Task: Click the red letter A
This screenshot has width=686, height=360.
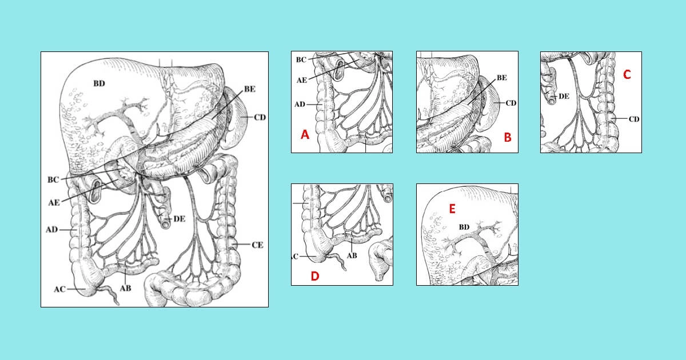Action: click(x=305, y=134)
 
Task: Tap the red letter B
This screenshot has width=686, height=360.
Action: click(x=508, y=138)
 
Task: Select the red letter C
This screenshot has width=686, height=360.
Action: click(x=627, y=75)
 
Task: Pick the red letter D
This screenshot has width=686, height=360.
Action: click(x=315, y=276)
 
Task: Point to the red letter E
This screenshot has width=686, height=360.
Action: click(x=452, y=209)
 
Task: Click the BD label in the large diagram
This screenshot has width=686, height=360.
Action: click(x=99, y=83)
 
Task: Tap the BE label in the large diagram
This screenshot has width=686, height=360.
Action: click(x=250, y=89)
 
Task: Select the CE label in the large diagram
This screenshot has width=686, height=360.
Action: click(x=257, y=245)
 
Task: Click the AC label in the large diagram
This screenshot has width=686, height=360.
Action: click(x=59, y=289)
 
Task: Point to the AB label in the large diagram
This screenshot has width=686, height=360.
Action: click(x=125, y=289)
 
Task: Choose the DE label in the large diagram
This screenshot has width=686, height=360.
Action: click(x=179, y=219)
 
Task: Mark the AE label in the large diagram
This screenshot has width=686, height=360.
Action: click(x=54, y=203)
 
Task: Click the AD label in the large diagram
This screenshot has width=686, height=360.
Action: click(x=52, y=229)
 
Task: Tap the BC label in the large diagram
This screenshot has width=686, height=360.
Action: click(x=53, y=179)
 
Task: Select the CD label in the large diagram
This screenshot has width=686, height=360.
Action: click(x=260, y=118)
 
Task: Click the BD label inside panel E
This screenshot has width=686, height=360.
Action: click(x=464, y=227)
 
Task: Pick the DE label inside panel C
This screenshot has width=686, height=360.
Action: click(x=564, y=97)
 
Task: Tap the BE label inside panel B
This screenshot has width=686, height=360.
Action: click(x=502, y=78)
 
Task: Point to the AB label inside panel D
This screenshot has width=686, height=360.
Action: click(x=352, y=255)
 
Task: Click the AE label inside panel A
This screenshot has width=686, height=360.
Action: click(x=302, y=80)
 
